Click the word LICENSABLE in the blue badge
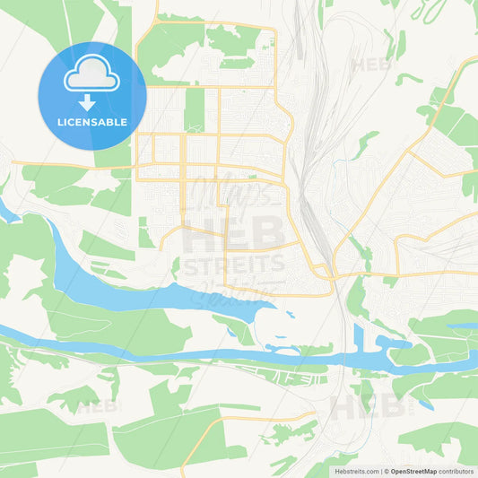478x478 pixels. tap(91, 122)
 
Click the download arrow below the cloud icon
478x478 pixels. tap(91, 100)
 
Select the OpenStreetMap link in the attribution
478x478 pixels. tap(413, 470)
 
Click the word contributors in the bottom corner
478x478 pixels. tap(456, 470)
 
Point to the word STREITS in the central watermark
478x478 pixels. tap(235, 264)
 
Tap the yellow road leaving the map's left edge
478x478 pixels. tap(36, 163)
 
